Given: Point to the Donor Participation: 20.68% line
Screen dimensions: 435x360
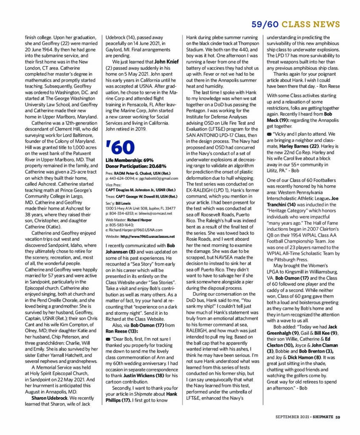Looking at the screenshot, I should coord(136,166).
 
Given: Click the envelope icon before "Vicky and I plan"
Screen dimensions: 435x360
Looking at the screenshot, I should coord(269,134).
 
